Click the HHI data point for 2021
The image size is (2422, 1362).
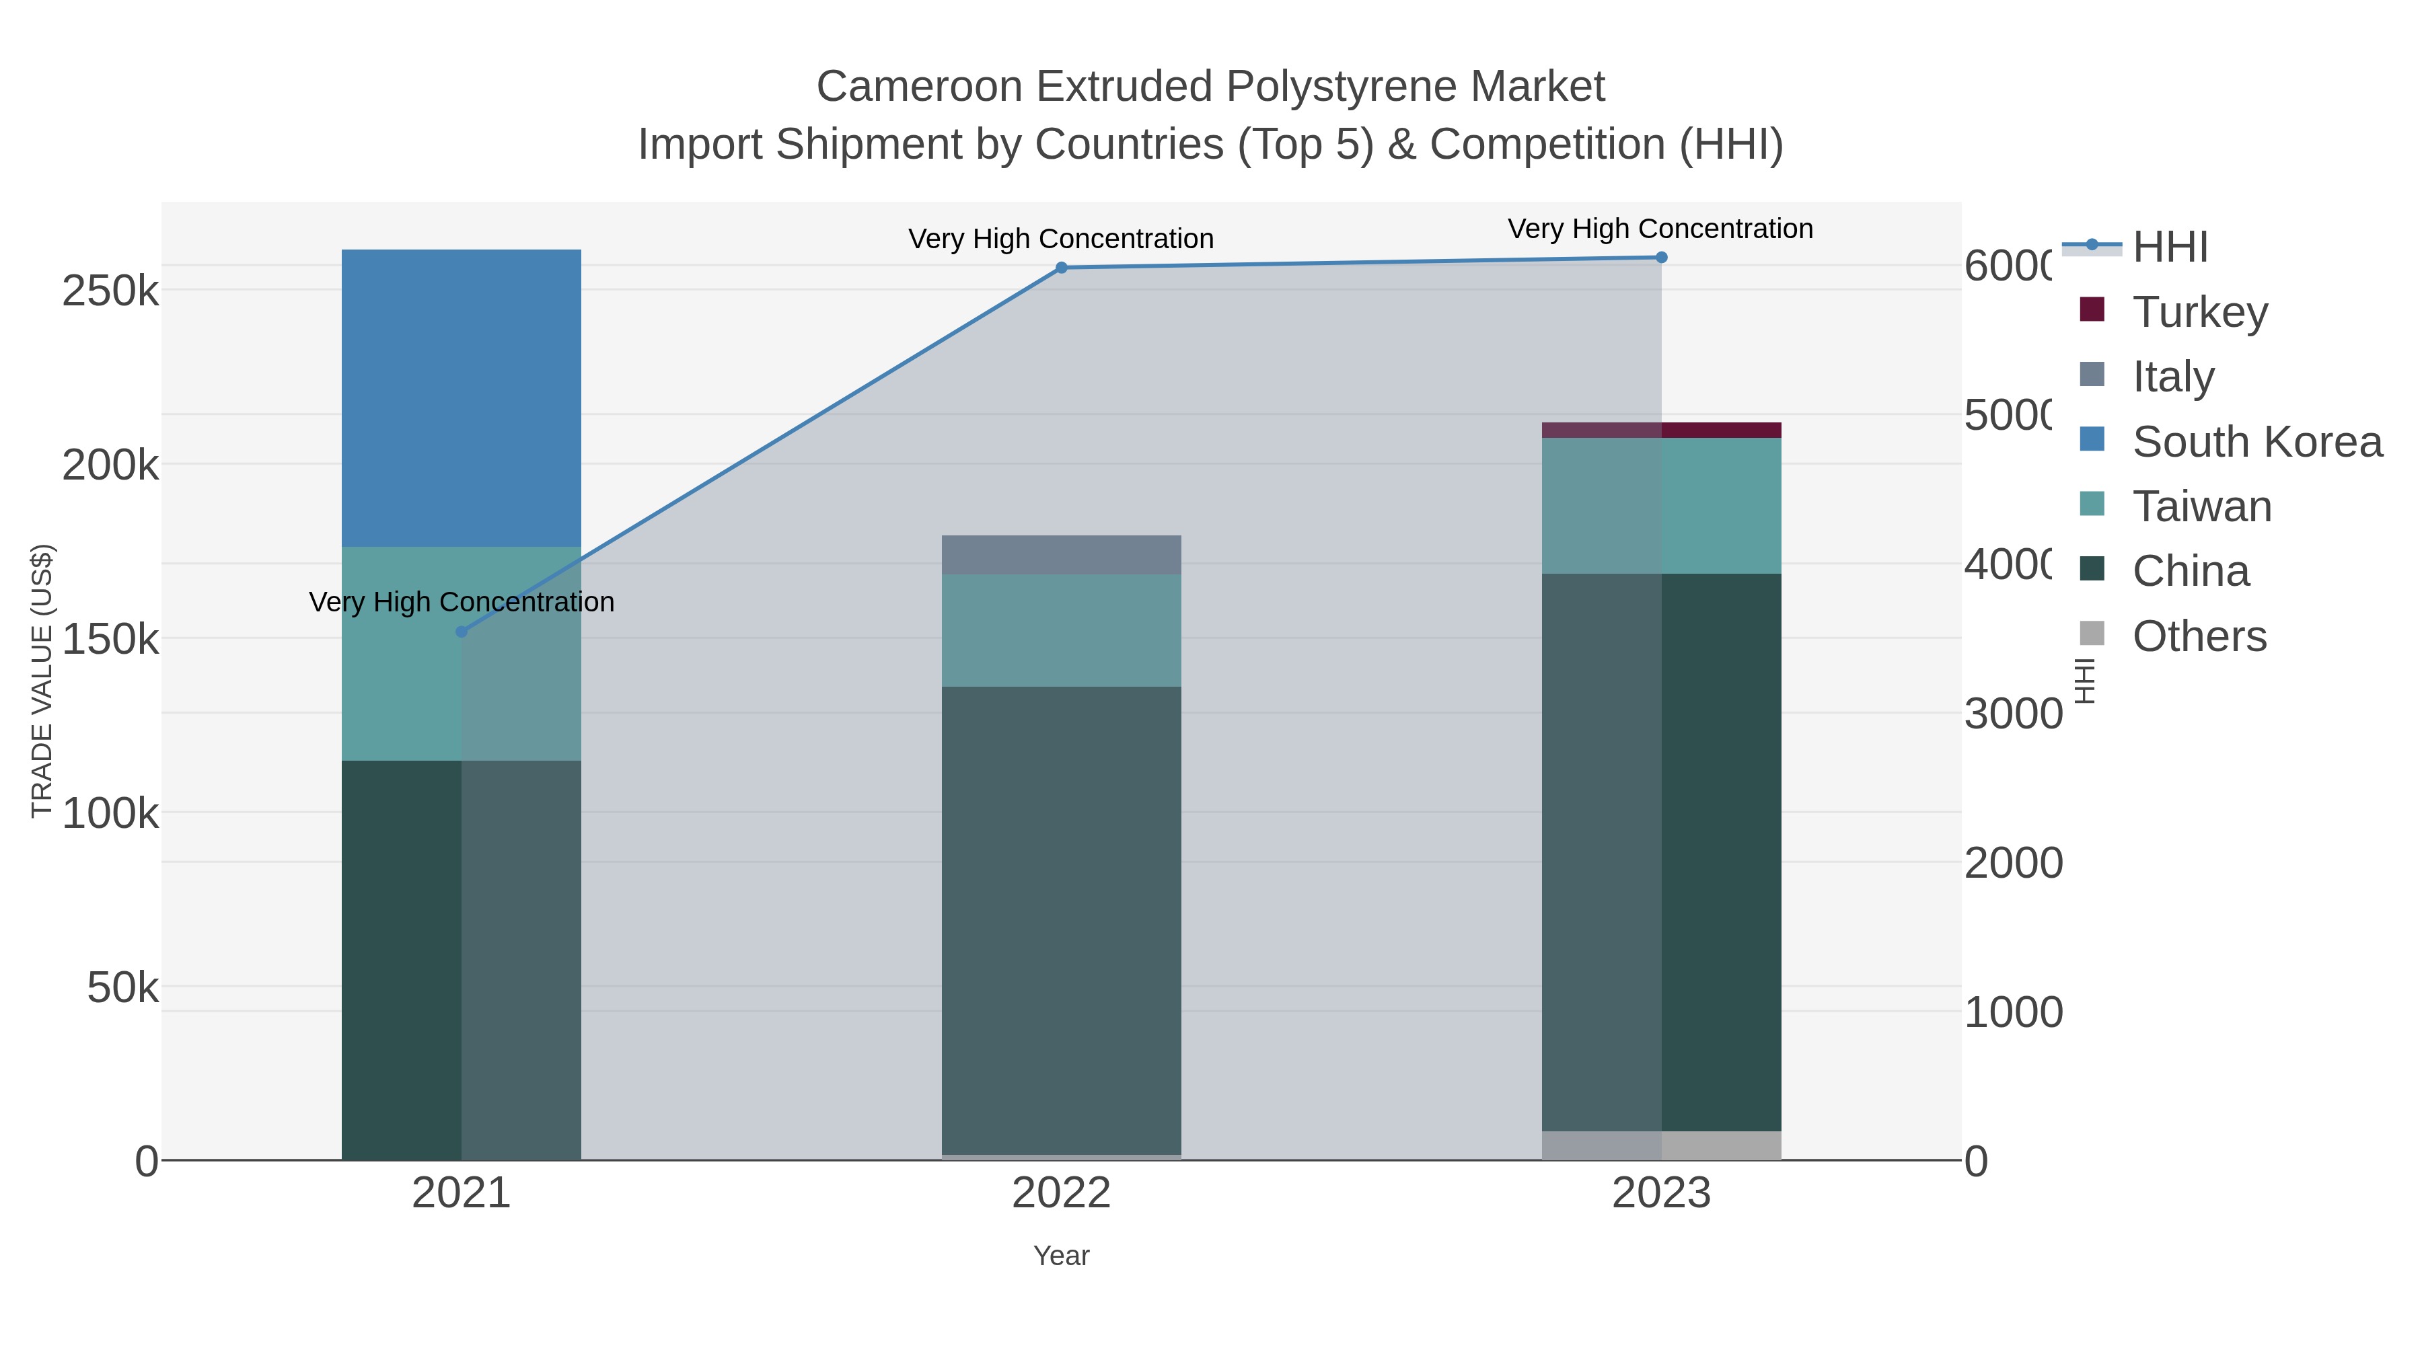[x=461, y=632]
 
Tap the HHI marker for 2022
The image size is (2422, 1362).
[x=1062, y=268]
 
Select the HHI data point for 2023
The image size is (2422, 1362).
[x=1661, y=258]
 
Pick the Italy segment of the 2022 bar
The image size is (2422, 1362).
[x=1062, y=555]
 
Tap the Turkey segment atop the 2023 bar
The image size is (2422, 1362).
[x=1661, y=430]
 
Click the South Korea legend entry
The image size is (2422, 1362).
[x=2256, y=442]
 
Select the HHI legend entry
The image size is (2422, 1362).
[x=2169, y=248]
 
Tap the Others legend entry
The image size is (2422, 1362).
[x=2198, y=636]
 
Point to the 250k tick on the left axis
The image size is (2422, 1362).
[x=110, y=291]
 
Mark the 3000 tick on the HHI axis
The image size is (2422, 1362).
[x=2012, y=714]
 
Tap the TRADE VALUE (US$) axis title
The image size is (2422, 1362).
[x=42, y=681]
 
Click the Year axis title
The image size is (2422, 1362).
[x=1062, y=1256]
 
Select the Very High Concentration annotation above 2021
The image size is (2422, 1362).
[x=461, y=601]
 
